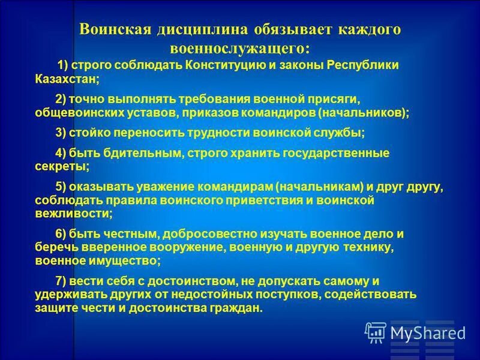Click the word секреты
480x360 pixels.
[62, 167]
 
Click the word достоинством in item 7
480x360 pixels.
[181, 281]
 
